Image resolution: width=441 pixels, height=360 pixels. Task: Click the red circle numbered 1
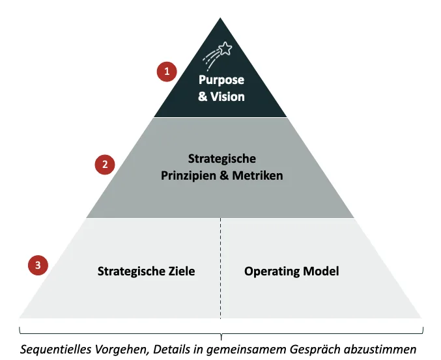point(167,72)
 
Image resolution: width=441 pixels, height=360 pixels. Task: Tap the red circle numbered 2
point(104,165)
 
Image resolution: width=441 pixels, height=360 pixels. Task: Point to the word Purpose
point(221,81)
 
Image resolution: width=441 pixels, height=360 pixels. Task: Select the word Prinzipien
point(190,175)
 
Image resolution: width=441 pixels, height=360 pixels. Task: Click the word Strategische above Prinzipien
point(221,159)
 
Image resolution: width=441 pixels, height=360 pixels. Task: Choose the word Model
point(322,270)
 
